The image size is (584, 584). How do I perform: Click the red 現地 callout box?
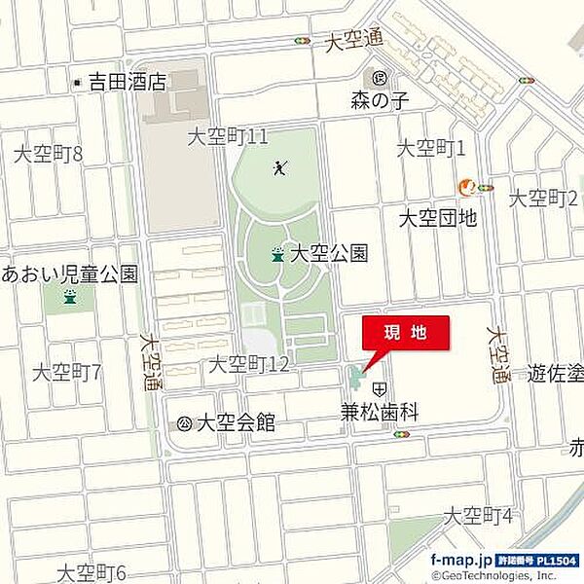coord(406,333)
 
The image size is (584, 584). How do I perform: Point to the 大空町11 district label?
coord(228,137)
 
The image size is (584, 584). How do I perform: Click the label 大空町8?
coord(48,154)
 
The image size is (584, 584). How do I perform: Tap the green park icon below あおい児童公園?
coord(69,297)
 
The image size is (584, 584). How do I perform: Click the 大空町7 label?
coord(67,373)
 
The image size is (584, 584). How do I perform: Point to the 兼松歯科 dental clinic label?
coord(379,413)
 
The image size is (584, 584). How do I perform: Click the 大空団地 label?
coord(438,218)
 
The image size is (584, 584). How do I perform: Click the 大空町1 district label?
coord(432,148)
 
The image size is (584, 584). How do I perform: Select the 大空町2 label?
coord(544,199)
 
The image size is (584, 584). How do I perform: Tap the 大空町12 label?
coord(249,365)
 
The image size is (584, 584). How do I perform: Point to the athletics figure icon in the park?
coord(280,169)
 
